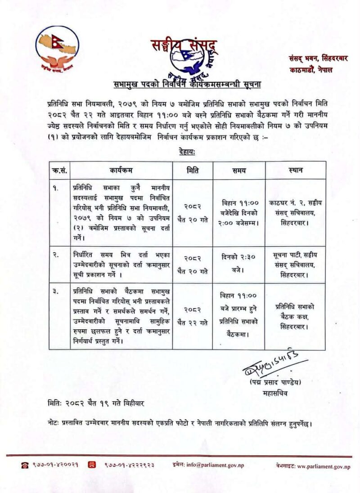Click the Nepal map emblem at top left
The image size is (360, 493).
click(57, 50)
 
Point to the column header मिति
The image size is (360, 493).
click(192, 170)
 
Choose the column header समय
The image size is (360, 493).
click(238, 170)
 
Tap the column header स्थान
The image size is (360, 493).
click(295, 170)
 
